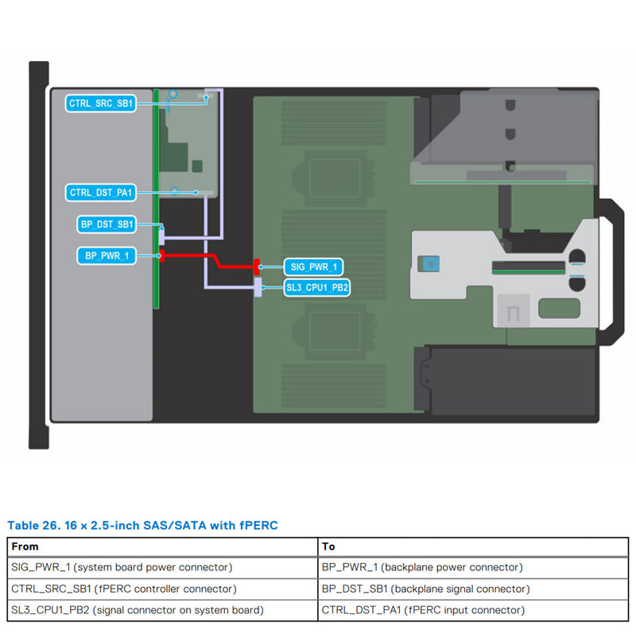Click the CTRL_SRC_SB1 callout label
pos(101,103)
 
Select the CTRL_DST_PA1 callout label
pos(101,193)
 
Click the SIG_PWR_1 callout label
pos(314,267)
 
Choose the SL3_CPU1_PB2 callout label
pos(317,287)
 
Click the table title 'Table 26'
pos(142,525)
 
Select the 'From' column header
pos(25,547)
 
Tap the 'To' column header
pos(329,547)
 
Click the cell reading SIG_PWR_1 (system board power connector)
pos(122,567)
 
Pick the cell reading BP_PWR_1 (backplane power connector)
pos(422,567)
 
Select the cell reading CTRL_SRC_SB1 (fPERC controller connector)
pos(124,589)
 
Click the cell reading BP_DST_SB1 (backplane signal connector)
pos(425,589)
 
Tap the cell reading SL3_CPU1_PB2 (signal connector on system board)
pos(138,610)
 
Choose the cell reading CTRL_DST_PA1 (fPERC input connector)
pos(423,610)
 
